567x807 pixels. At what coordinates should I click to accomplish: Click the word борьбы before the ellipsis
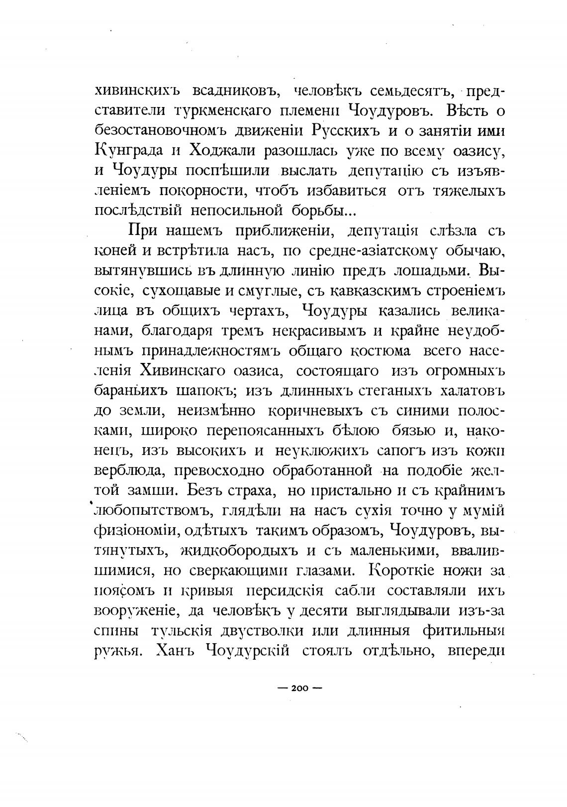(315, 211)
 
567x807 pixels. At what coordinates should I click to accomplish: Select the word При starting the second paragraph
(143, 231)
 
